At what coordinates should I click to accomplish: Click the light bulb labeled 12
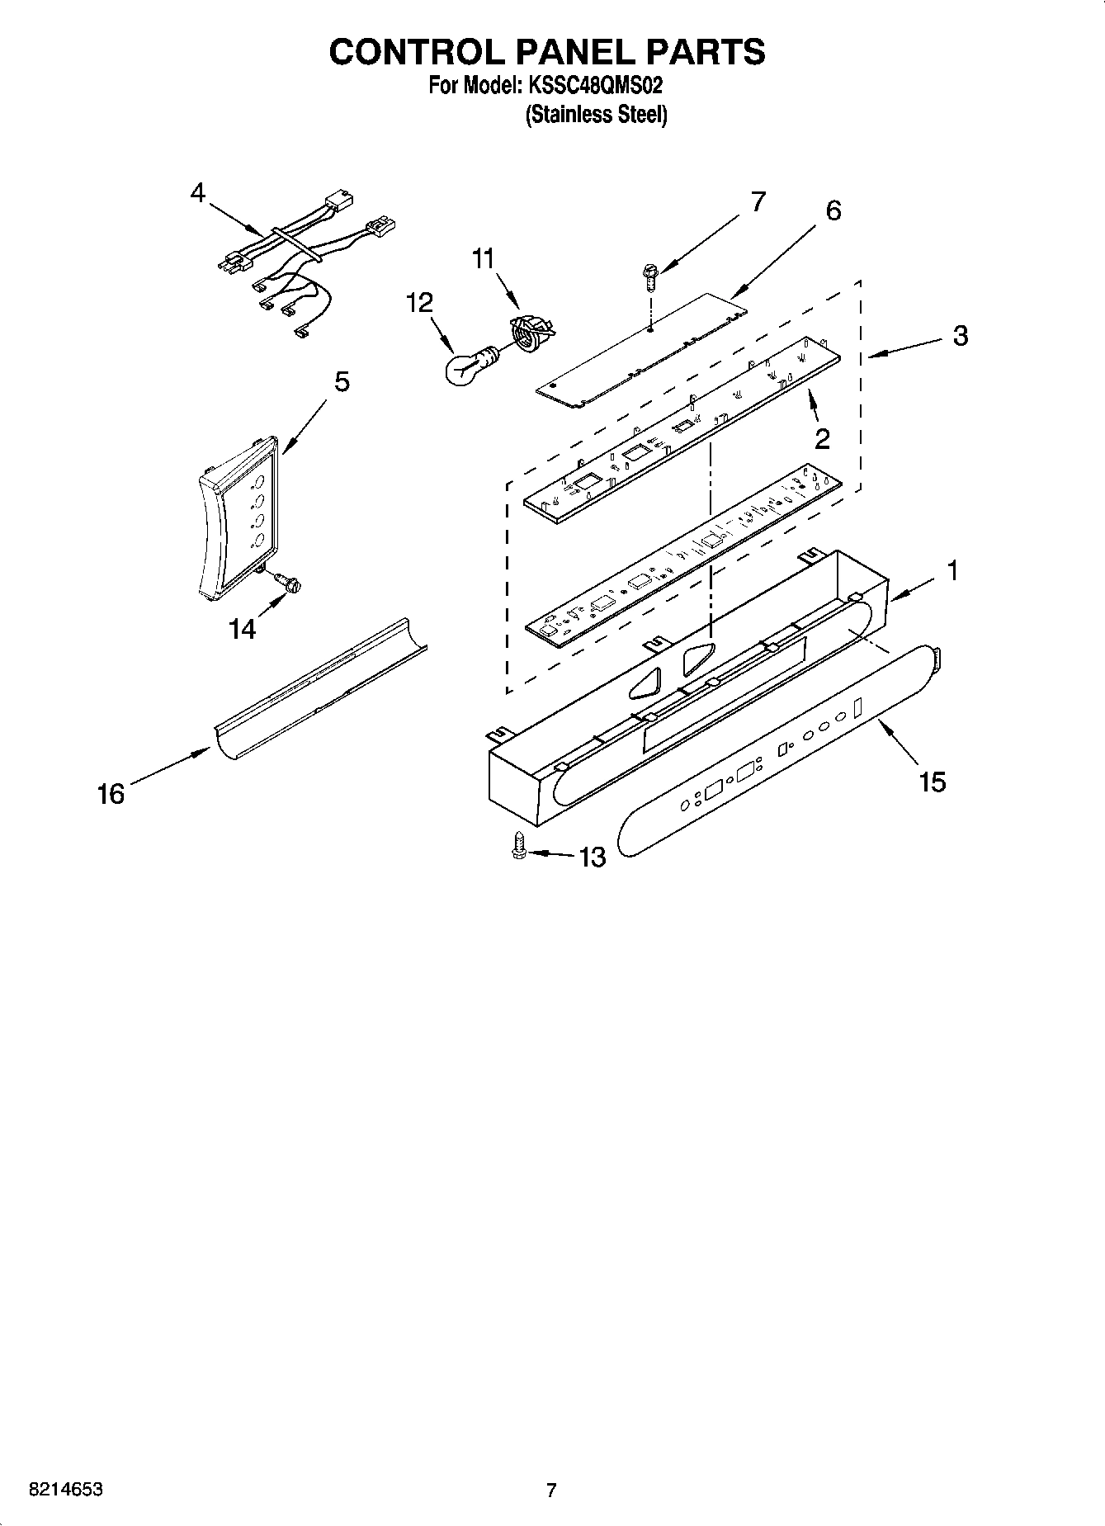point(464,366)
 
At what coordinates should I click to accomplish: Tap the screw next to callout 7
point(650,276)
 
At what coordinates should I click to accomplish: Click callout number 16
point(111,794)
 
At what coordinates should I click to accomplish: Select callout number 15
point(933,781)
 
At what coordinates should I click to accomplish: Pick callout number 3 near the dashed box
point(960,336)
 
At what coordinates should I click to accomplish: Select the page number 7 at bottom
point(551,1490)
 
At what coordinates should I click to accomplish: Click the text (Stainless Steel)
point(596,115)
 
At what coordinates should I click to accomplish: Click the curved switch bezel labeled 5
point(239,520)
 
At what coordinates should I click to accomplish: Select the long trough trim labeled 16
point(322,685)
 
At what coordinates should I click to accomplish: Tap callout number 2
point(822,439)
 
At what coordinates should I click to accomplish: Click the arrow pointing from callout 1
point(913,586)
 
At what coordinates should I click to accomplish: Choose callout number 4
point(197,193)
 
